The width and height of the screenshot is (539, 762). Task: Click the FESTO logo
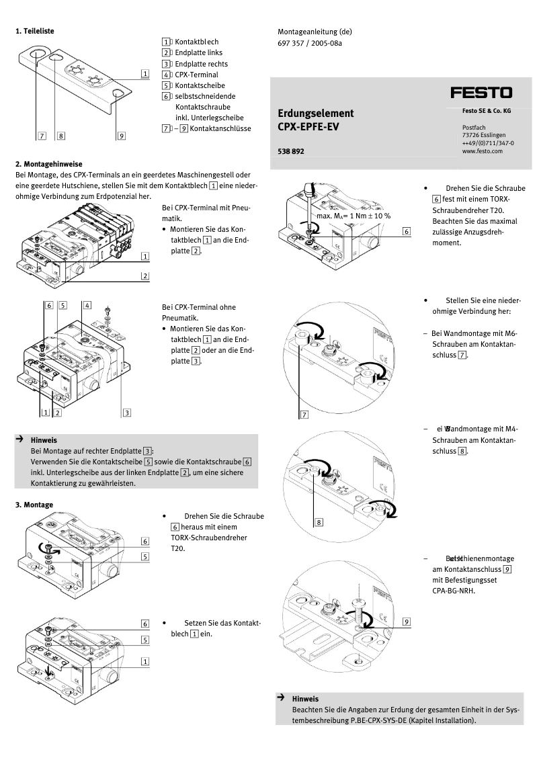(481, 92)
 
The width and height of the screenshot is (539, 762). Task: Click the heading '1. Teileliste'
(35, 31)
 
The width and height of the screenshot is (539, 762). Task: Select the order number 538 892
(290, 152)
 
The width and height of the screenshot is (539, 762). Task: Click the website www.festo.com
(482, 151)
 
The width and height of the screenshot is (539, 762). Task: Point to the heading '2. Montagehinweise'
(48, 163)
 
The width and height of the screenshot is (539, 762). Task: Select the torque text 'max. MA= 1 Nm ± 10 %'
(354, 216)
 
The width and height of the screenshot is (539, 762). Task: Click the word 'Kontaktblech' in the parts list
(197, 42)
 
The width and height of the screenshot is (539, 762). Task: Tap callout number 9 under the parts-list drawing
(121, 136)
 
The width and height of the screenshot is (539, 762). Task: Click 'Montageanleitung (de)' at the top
(315, 31)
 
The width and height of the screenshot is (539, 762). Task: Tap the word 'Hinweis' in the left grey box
(44, 440)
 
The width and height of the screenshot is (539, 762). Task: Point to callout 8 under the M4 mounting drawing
(319, 521)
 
